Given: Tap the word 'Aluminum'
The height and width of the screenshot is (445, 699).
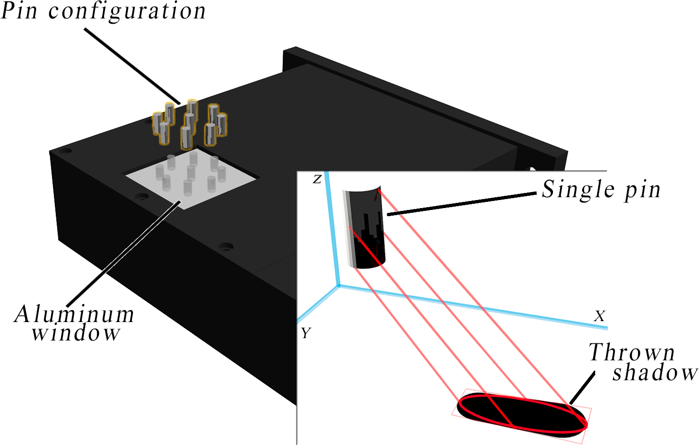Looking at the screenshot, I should [x=75, y=314].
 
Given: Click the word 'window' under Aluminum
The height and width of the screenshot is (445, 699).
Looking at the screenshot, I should [x=76, y=333].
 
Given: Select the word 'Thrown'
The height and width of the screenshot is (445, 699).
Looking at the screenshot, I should [x=632, y=353].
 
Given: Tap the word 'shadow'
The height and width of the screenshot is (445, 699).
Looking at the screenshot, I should [x=655, y=373].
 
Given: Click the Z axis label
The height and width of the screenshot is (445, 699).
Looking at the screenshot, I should [x=317, y=179].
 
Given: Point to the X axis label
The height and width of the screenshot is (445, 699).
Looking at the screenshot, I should [x=599, y=316].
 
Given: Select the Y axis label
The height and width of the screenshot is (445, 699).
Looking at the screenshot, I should [x=306, y=333].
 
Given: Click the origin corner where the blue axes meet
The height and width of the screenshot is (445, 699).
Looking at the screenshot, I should [x=339, y=286].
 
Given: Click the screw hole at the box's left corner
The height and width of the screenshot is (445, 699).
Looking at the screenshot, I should [x=66, y=151].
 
